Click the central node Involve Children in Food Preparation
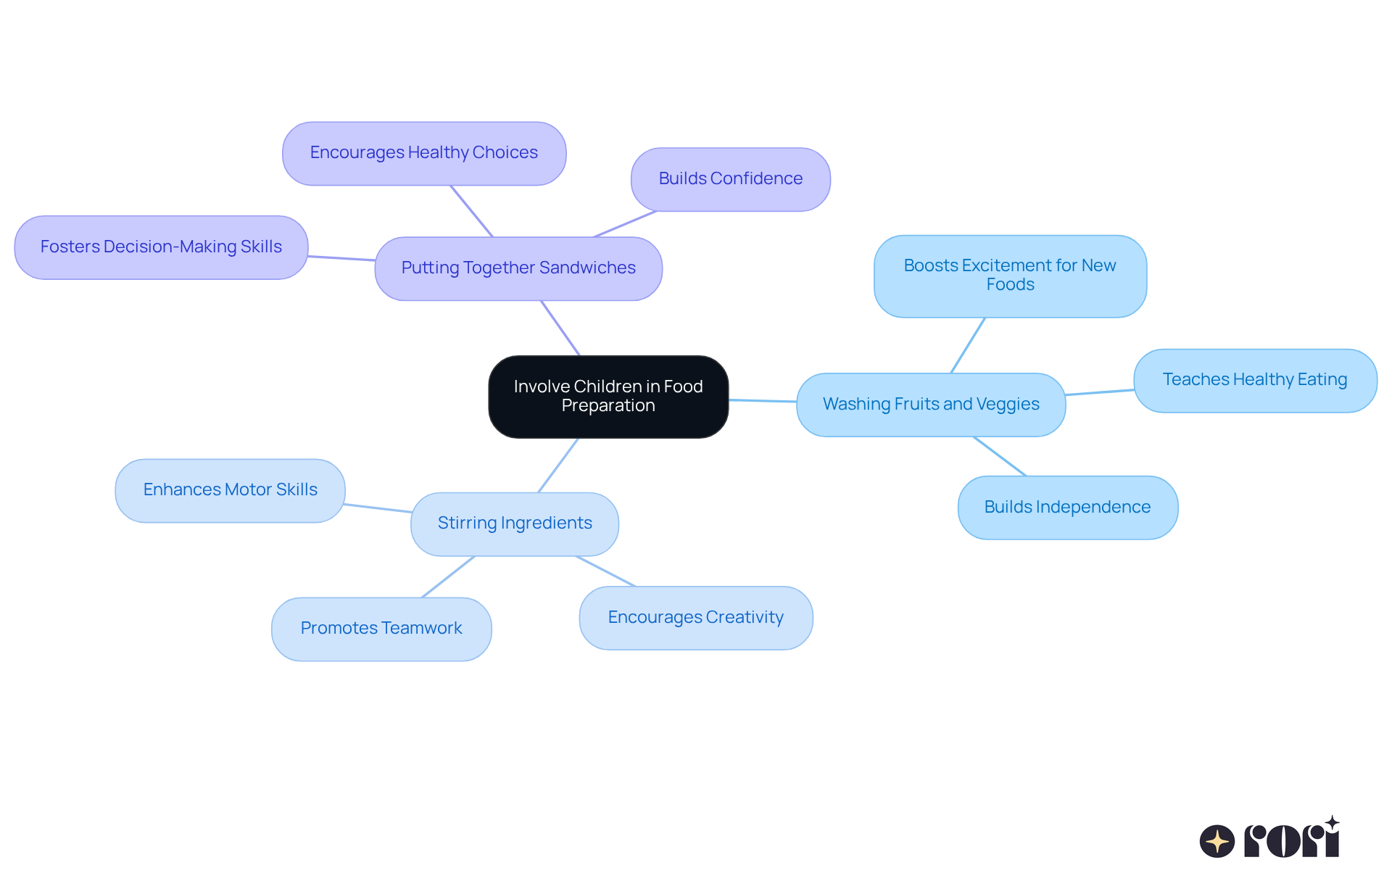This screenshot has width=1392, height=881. [x=608, y=397]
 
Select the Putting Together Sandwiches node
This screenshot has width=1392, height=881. [x=518, y=268]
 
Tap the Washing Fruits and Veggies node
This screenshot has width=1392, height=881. [x=931, y=405]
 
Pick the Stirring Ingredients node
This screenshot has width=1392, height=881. [x=515, y=524]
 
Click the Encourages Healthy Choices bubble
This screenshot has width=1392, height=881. [x=424, y=153]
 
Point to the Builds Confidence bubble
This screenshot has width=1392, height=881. [x=731, y=179]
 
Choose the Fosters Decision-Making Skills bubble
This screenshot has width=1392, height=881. [x=161, y=247]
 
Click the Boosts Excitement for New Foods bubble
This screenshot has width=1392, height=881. [x=1010, y=276]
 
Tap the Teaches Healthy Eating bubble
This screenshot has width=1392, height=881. [x=1255, y=381]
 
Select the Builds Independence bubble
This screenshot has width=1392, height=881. [x=1068, y=508]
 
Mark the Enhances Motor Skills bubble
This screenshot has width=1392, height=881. [x=230, y=490]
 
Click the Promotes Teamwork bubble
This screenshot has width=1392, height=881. [x=381, y=629]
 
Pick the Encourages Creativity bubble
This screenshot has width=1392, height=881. [x=696, y=618]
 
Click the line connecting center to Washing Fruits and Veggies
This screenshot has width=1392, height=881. [x=763, y=400]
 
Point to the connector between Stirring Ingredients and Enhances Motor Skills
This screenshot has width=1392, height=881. [x=378, y=508]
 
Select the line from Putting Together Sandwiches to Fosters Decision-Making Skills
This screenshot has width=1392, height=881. [x=341, y=258]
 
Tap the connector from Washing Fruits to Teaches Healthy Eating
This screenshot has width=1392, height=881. [x=1100, y=392]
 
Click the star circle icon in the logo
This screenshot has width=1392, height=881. [x=1217, y=841]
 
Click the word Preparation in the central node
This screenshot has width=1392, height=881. [x=608, y=406]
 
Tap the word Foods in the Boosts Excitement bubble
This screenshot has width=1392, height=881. [x=1010, y=285]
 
